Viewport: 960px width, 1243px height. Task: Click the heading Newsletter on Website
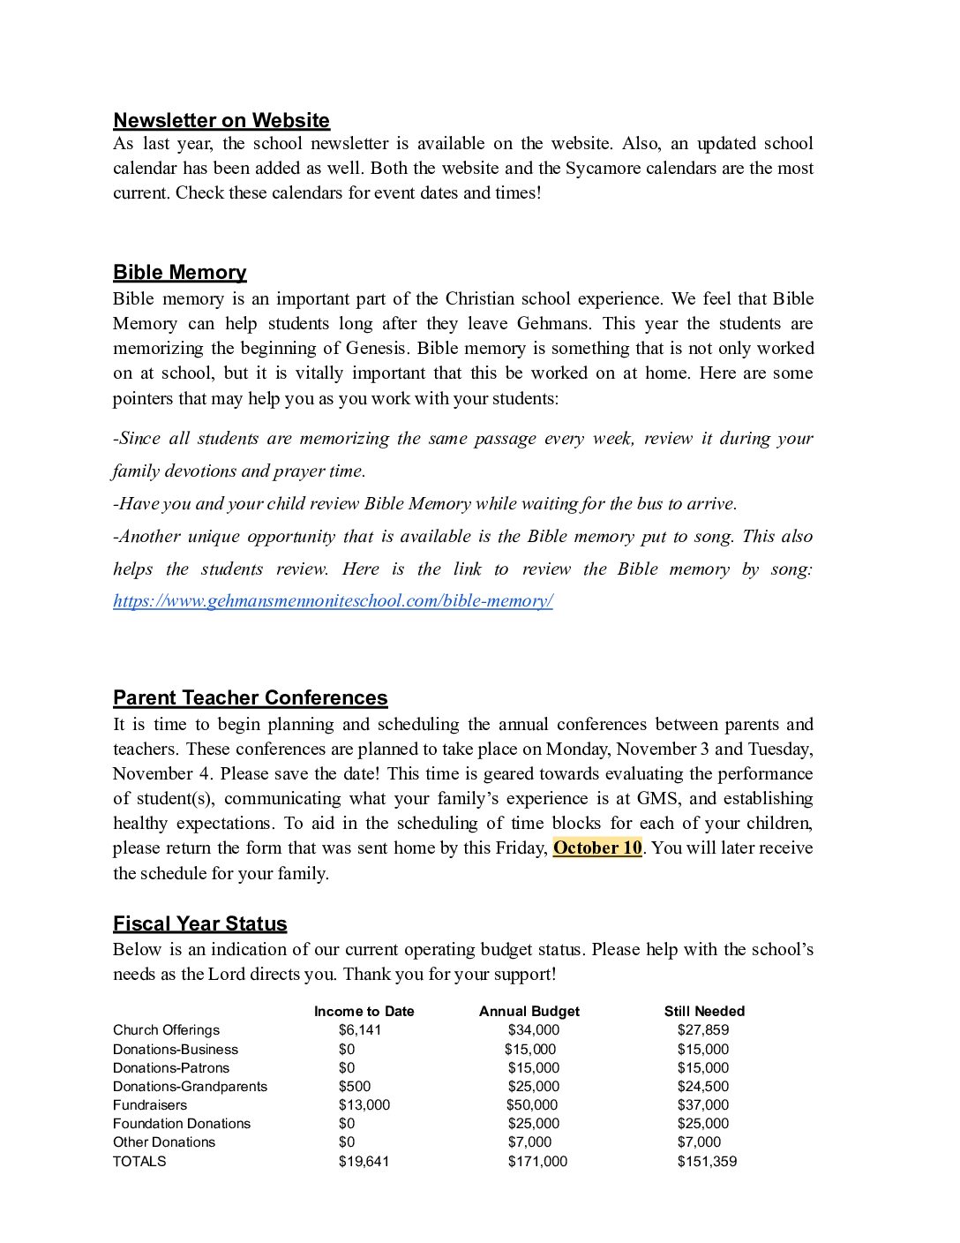(x=221, y=121)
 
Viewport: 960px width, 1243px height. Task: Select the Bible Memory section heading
(x=180, y=272)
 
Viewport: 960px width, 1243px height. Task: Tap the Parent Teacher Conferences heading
(x=250, y=697)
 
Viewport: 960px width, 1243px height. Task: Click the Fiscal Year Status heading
(x=199, y=923)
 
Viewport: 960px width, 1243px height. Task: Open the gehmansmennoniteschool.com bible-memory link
(x=333, y=601)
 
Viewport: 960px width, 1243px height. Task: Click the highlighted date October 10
(x=597, y=847)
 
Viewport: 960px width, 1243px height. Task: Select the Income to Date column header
(x=364, y=1012)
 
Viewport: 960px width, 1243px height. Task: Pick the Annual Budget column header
(x=529, y=1012)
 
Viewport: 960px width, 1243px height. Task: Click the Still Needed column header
(x=704, y=1012)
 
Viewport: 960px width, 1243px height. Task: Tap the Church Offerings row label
(x=166, y=1030)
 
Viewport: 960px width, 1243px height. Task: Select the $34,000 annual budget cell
(x=533, y=1030)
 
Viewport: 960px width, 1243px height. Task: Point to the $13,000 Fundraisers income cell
(x=364, y=1105)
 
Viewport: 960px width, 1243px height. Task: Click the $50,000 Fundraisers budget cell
(x=531, y=1105)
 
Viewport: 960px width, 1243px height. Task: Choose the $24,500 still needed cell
(x=702, y=1087)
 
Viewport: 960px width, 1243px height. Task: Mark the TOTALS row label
(x=139, y=1162)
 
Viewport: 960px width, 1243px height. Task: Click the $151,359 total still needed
(x=707, y=1162)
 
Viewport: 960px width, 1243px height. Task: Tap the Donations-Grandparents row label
(x=190, y=1087)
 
